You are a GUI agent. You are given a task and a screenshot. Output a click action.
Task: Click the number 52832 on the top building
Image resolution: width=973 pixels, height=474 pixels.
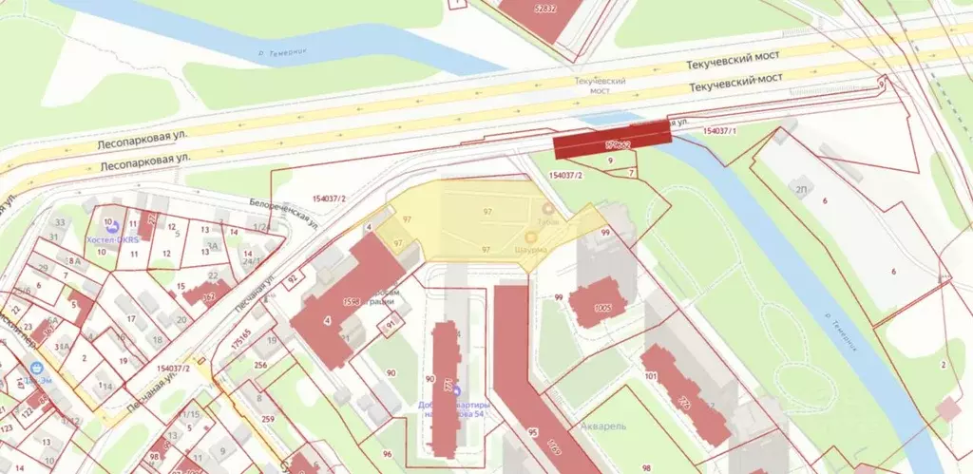click(545, 9)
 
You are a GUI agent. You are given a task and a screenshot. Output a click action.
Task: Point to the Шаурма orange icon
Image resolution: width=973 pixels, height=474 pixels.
click(531, 237)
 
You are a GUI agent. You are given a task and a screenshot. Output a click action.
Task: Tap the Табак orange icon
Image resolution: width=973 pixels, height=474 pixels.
click(547, 208)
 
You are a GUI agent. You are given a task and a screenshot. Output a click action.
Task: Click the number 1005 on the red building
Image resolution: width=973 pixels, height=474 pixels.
click(601, 307)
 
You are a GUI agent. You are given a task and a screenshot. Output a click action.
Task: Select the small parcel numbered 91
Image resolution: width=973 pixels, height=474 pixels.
click(389, 325)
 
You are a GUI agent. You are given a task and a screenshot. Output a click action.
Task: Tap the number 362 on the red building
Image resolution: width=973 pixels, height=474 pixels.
click(208, 296)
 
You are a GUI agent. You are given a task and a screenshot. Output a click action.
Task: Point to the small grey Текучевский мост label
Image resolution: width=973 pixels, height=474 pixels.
click(600, 86)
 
